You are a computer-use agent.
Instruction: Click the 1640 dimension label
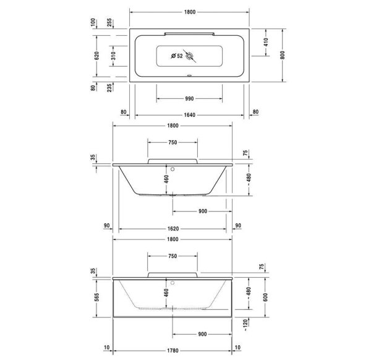pos(190,113)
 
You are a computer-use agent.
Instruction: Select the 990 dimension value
pos(190,98)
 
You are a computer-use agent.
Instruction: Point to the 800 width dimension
pos(283,54)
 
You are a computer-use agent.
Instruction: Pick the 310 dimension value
pos(113,54)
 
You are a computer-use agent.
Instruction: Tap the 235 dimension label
pos(109,88)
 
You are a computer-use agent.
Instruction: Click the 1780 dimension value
pos(173,348)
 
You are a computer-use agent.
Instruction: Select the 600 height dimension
pos(267,296)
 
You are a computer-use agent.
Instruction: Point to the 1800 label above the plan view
pos(190,11)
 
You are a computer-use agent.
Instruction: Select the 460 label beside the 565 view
pos(166,293)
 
